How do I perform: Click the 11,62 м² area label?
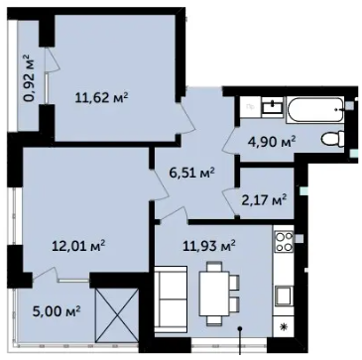[x=102, y=98]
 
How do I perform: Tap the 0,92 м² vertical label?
[x=32, y=78]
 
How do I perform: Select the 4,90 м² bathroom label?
[x=272, y=143]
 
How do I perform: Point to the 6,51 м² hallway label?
[x=191, y=173]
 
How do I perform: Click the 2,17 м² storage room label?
[x=264, y=200]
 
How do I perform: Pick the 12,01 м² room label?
[x=79, y=246]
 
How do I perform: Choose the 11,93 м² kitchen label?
[x=209, y=246]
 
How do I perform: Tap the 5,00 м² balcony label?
[x=57, y=310]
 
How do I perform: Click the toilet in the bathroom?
[x=333, y=138]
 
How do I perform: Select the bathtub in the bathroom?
[x=315, y=110]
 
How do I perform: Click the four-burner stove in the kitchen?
[x=285, y=242]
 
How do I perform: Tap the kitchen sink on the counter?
[x=284, y=296]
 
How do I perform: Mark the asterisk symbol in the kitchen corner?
[x=283, y=326]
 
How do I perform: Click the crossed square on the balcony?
[x=117, y=315]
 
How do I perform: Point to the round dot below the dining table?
[x=240, y=329]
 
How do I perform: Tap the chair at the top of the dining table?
[x=214, y=266]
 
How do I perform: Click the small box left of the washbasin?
[x=251, y=107]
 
